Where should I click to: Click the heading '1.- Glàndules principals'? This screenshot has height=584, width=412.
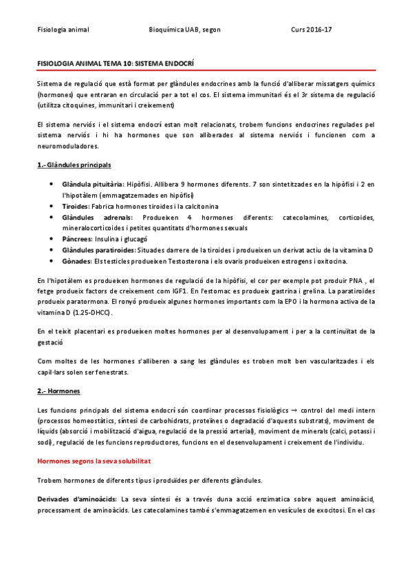[x=74, y=166]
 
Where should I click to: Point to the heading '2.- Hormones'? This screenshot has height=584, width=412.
[x=58, y=391]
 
